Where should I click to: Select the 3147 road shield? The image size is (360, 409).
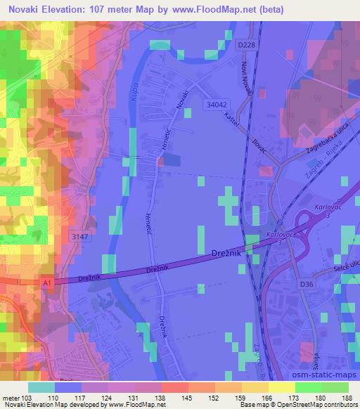tap(79, 238)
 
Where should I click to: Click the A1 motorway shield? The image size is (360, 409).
tap(47, 282)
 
